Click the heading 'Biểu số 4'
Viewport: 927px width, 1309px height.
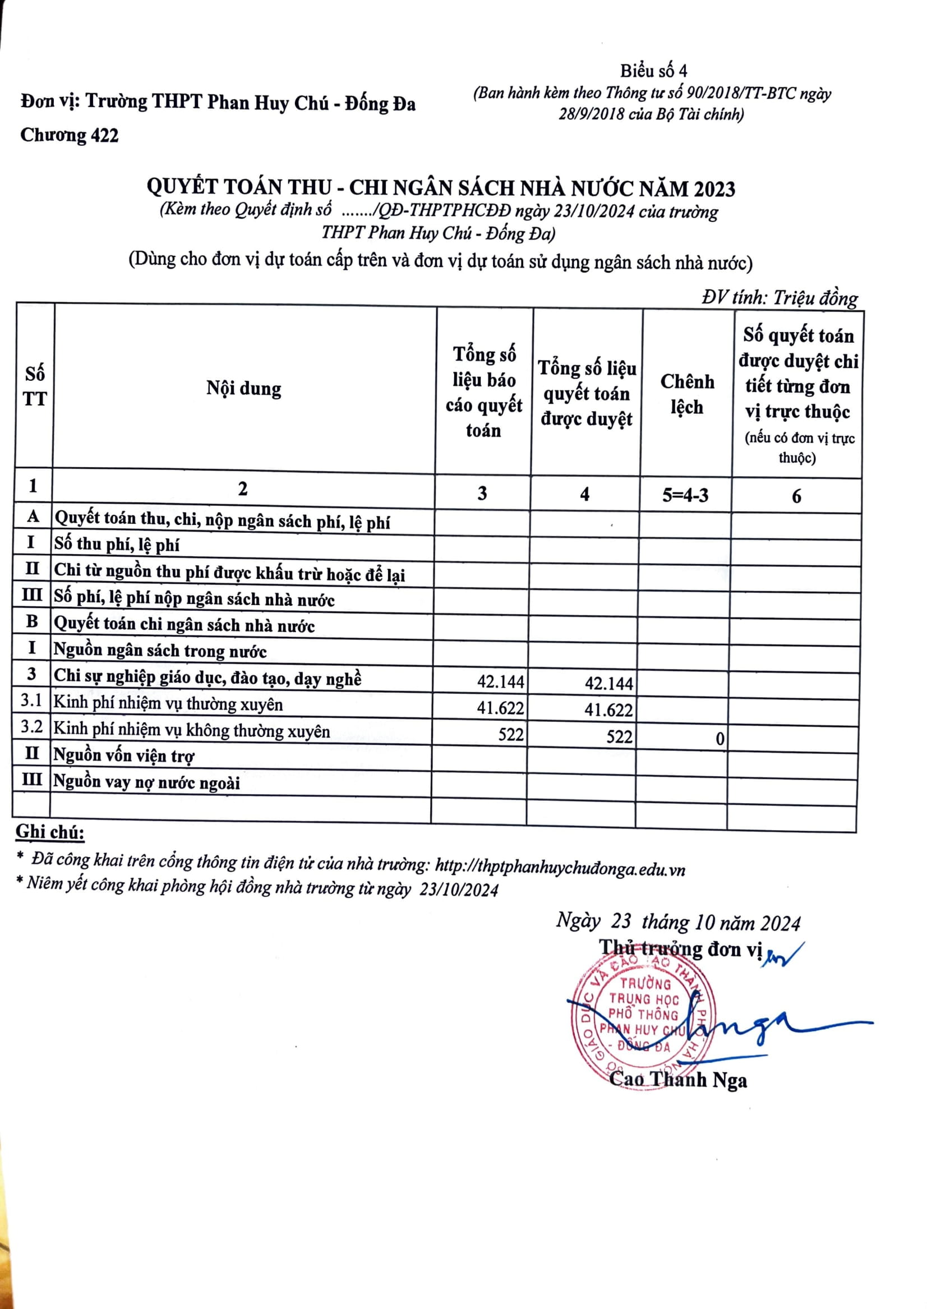pos(653,71)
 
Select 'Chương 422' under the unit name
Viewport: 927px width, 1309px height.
pos(70,135)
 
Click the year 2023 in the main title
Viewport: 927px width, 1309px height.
pos(714,188)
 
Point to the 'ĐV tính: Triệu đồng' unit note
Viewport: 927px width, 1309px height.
pos(780,297)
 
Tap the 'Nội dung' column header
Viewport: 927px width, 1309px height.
pos(244,389)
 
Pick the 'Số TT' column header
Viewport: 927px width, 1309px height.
pos(35,386)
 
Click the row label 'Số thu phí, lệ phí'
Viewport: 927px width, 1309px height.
pos(117,544)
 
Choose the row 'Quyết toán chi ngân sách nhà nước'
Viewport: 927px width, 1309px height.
pos(184,624)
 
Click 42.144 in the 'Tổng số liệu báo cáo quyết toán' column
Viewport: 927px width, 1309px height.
pos(501,681)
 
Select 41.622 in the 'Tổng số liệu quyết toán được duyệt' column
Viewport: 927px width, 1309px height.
pos(608,709)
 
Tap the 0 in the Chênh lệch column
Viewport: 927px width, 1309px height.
pos(720,739)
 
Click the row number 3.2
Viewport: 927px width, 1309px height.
pos(32,726)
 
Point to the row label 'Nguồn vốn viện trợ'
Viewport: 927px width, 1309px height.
pos(124,755)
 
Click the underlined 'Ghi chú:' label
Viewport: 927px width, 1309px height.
pos(50,832)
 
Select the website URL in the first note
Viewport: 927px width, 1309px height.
pos(560,868)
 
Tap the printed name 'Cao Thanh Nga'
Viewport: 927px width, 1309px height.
pos(678,1080)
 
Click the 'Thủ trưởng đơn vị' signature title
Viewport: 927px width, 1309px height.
pos(680,949)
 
